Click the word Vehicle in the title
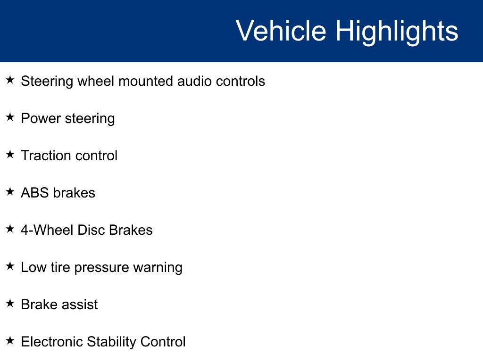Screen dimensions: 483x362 [x=281, y=31]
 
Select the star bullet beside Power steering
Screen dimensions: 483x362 [x=10, y=117]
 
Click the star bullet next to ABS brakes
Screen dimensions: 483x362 [x=10, y=191]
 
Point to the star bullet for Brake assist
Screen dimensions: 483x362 [x=10, y=303]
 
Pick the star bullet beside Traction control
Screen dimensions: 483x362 [x=10, y=154]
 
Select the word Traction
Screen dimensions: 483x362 [x=46, y=156]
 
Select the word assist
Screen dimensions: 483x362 [x=80, y=304]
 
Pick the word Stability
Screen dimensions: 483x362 [x=111, y=342]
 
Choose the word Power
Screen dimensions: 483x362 [x=41, y=118]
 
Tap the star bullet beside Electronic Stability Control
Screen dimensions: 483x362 [x=10, y=340]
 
